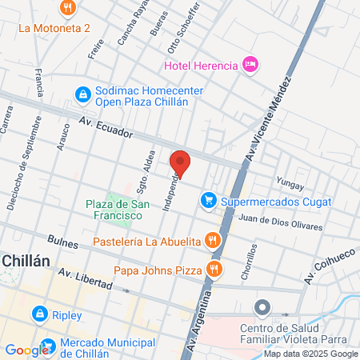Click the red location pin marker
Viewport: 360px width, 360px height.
(x=180, y=163)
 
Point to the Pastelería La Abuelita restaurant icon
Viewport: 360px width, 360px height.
(x=212, y=240)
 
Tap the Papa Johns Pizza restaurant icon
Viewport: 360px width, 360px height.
(x=213, y=268)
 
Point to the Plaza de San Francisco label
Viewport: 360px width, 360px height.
(x=118, y=210)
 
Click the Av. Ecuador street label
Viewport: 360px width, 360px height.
(x=105, y=129)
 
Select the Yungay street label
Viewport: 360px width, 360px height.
(x=290, y=185)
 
